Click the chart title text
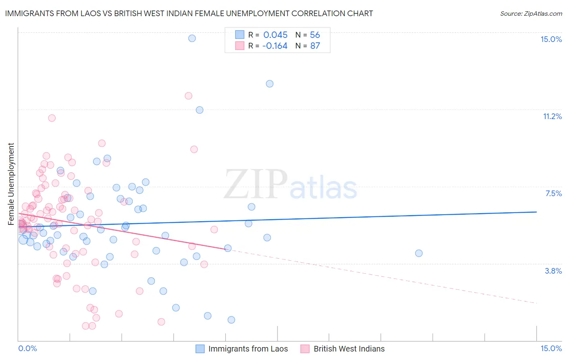(x=189, y=13)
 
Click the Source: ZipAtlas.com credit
(x=531, y=13)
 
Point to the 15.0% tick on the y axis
(x=551, y=39)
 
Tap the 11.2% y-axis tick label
(x=552, y=116)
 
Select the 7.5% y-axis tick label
(x=553, y=193)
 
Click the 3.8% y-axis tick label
(x=553, y=271)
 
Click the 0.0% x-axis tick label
(x=27, y=348)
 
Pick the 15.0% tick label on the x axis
(x=551, y=348)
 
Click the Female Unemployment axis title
(x=11, y=184)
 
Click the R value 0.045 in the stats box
(x=275, y=35)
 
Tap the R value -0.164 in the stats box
(x=275, y=46)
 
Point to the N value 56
(x=315, y=35)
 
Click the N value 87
(x=315, y=46)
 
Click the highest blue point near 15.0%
(x=192, y=38)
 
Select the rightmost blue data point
(x=419, y=253)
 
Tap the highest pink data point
(x=188, y=96)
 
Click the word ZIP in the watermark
(x=255, y=184)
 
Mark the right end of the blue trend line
(x=536, y=212)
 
